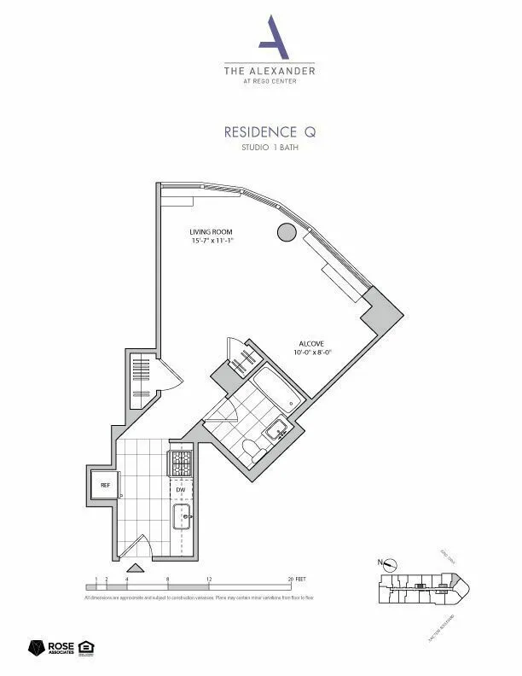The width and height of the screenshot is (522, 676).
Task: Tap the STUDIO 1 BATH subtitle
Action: (269, 149)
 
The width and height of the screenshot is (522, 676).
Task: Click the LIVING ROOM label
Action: (211, 232)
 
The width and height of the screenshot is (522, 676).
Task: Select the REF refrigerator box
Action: (105, 485)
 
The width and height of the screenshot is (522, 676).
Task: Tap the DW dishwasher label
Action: (181, 490)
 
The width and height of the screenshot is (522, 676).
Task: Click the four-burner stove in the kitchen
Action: (182, 463)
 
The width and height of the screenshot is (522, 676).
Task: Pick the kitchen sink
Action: (182, 516)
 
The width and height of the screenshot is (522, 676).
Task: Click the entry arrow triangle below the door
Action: (134, 568)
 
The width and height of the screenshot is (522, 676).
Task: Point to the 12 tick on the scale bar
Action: (209, 579)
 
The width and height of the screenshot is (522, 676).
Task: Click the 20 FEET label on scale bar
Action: (298, 579)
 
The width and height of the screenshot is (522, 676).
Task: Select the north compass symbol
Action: (389, 562)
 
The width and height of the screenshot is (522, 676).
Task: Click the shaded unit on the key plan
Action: (419, 586)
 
